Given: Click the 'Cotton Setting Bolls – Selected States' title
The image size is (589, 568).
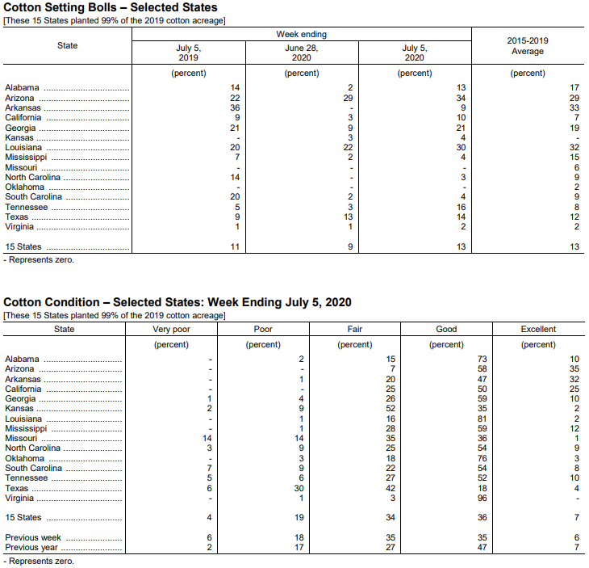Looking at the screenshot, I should [x=111, y=7].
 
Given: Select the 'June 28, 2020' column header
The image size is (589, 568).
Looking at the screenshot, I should [x=302, y=53].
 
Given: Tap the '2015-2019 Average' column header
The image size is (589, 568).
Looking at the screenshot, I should [x=528, y=46].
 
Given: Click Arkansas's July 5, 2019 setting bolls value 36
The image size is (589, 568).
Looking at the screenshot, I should [x=235, y=107].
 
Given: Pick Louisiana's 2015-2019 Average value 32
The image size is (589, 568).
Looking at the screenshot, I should [x=574, y=148].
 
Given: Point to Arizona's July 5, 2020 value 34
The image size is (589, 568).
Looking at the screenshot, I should [x=461, y=98].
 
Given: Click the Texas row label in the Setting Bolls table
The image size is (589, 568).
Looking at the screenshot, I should [x=16, y=217].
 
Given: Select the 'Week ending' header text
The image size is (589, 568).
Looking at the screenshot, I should [x=302, y=35].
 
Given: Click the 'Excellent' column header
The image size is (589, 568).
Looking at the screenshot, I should [x=538, y=329].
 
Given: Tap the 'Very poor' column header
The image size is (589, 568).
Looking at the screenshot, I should [x=172, y=329].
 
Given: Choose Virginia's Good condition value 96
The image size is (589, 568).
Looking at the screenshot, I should [x=482, y=498].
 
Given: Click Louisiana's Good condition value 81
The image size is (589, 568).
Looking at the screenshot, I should [x=482, y=419].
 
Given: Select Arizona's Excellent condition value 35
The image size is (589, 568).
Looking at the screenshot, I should [x=574, y=369].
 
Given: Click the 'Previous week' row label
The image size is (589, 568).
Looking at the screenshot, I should [x=32, y=537].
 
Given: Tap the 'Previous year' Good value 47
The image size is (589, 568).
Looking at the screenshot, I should [x=482, y=547].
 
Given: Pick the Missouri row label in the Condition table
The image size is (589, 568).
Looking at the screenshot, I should [x=21, y=438].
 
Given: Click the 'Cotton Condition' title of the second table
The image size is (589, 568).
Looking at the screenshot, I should [x=178, y=302].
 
